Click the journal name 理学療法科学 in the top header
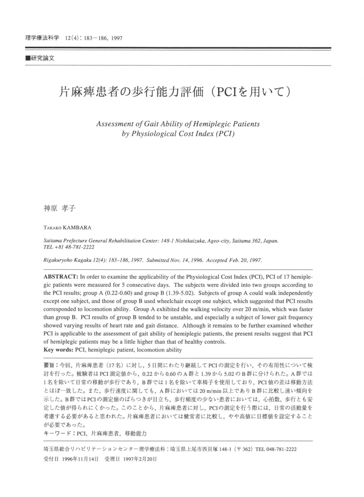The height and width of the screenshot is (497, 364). [x=42, y=38]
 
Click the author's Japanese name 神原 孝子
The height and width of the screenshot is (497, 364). [x=59, y=208]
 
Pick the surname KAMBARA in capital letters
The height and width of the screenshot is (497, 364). [x=77, y=228]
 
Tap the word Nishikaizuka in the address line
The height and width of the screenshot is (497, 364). [x=190, y=241]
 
